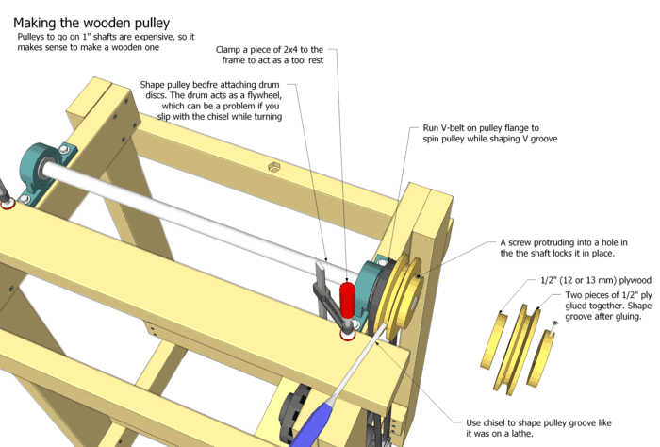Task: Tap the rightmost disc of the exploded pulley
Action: pyautogui.click(x=544, y=353)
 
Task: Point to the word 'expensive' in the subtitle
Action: pyautogui.click(x=160, y=36)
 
